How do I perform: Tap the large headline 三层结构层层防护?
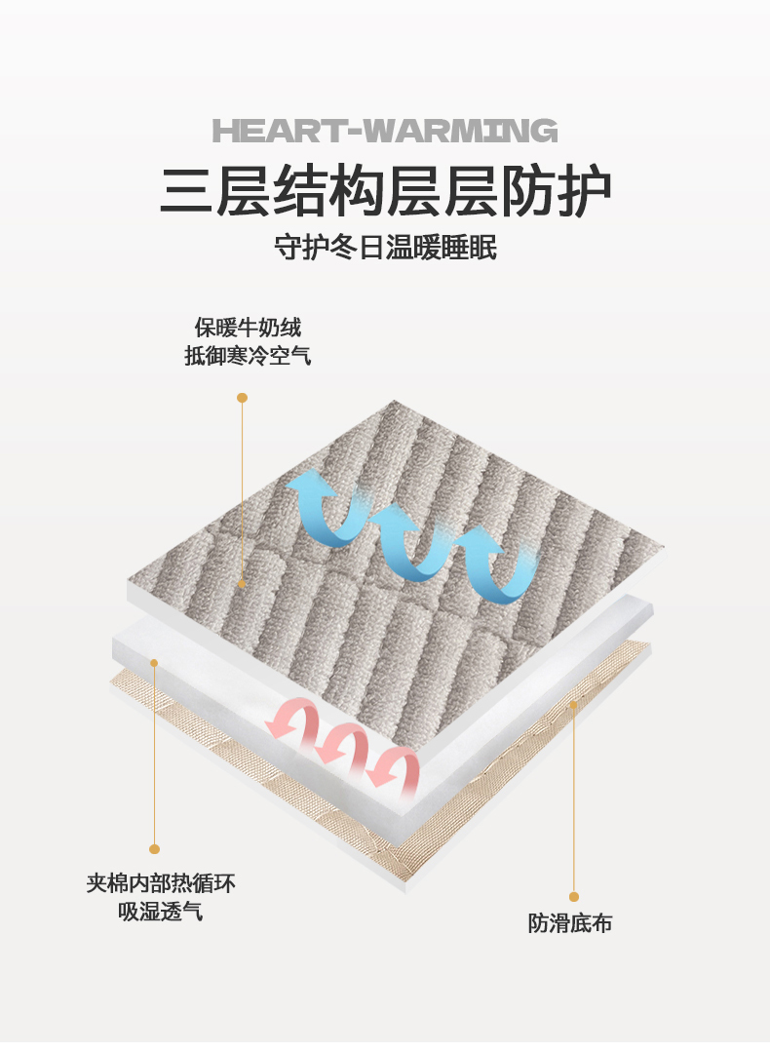pyautogui.click(x=385, y=191)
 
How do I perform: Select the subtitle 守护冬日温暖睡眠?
pyautogui.click(x=385, y=248)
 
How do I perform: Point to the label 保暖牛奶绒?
pyautogui.click(x=248, y=327)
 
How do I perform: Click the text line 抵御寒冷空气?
pyautogui.click(x=248, y=356)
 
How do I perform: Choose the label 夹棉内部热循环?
pyautogui.click(x=161, y=883)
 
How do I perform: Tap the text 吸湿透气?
pyautogui.click(x=161, y=913)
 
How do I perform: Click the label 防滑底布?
pyautogui.click(x=570, y=923)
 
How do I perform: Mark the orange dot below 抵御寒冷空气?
pyautogui.click(x=242, y=398)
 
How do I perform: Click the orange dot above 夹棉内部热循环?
pyautogui.click(x=154, y=849)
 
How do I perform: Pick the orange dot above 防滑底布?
pyautogui.click(x=574, y=896)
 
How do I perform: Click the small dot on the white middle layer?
pyautogui.click(x=154, y=663)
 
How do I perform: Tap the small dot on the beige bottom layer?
pyautogui.click(x=574, y=702)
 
